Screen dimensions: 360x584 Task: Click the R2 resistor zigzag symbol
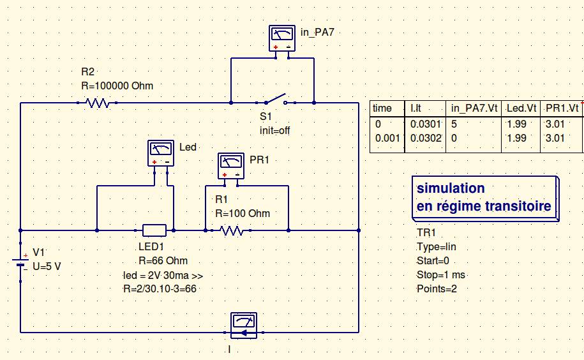coord(98,102)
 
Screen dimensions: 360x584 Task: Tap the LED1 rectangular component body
coord(154,230)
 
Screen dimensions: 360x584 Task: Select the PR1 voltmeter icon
coord(230,165)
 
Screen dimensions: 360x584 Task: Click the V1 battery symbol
coord(21,260)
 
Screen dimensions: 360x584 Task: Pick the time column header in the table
coord(382,109)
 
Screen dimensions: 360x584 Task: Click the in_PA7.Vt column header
coord(476,109)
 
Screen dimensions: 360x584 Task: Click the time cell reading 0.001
coord(386,137)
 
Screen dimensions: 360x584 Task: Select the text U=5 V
coord(47,266)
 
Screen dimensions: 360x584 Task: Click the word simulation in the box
coord(451,189)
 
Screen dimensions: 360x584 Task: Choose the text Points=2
coord(437,289)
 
